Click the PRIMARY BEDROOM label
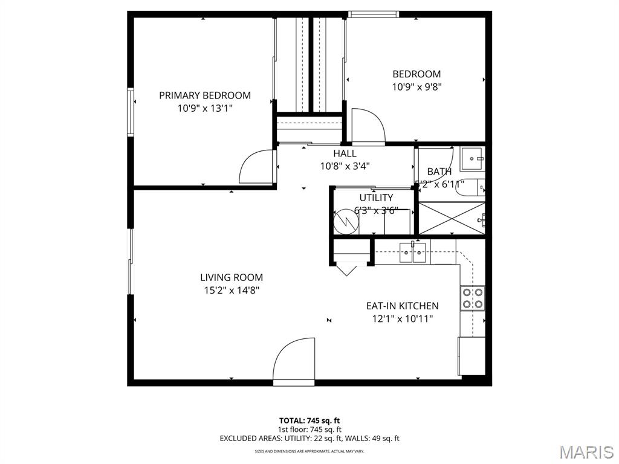[204, 95]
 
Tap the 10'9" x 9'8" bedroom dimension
[416, 86]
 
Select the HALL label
[345, 153]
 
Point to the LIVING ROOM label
[232, 277]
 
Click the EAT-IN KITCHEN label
[402, 306]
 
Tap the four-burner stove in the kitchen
[473, 298]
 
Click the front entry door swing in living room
[295, 361]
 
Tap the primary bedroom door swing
[258, 167]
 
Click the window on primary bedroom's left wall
[130, 112]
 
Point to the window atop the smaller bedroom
[374, 14]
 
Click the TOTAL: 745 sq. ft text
[309, 420]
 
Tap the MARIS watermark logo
[586, 452]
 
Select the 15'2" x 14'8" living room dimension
[232, 290]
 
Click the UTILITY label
[376, 198]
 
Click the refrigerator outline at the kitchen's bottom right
[472, 356]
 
